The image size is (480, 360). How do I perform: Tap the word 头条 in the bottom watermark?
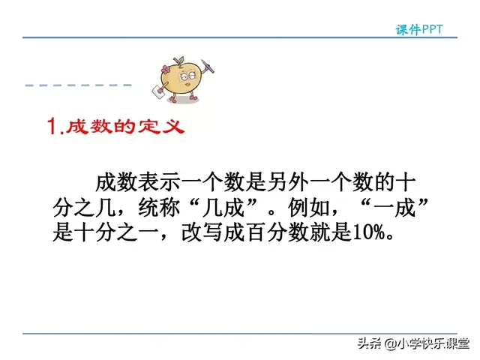[x=370, y=344]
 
